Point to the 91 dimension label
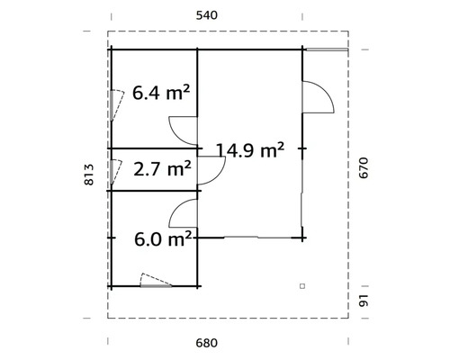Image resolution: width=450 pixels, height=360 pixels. (363, 301)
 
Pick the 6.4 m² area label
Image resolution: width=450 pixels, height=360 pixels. (162, 92)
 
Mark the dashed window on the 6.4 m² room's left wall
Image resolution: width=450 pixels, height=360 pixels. (114, 104)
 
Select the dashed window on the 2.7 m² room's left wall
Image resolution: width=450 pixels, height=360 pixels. (114, 169)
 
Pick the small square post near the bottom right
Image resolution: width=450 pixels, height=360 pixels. (303, 285)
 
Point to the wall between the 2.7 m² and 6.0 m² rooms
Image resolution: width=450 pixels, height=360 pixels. (153, 190)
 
